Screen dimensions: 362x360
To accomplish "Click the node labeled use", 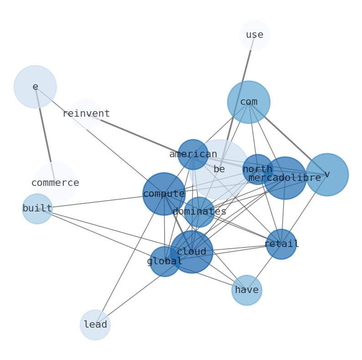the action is pos(254,35).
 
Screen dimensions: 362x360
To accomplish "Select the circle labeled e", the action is pos(35,87).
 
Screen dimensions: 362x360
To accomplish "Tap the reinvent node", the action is pos(86,114).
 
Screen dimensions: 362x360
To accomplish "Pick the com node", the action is pos(248,102).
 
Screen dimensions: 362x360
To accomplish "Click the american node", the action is pos(193,154).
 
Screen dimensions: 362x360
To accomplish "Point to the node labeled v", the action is pos(327,175).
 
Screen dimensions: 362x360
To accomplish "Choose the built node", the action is pos(37,209).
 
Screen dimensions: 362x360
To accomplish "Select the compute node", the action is pos(164,194).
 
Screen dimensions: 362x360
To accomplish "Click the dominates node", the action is pos(199,212).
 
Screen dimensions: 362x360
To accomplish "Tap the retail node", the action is pos(281,244).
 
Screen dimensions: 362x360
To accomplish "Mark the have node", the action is pos(247,290).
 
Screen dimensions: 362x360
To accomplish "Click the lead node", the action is pos(95,325).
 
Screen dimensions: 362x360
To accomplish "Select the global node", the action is pos(165,262).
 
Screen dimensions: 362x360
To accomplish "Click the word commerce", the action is pos(55,183).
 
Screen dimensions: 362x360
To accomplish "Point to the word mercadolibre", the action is pos(284,178).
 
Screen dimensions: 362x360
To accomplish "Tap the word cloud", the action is pos(191,252).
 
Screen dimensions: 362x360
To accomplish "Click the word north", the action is pos(258,169).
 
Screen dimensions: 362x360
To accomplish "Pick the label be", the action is pos(219,169).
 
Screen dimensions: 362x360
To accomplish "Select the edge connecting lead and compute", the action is pos(129,259).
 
